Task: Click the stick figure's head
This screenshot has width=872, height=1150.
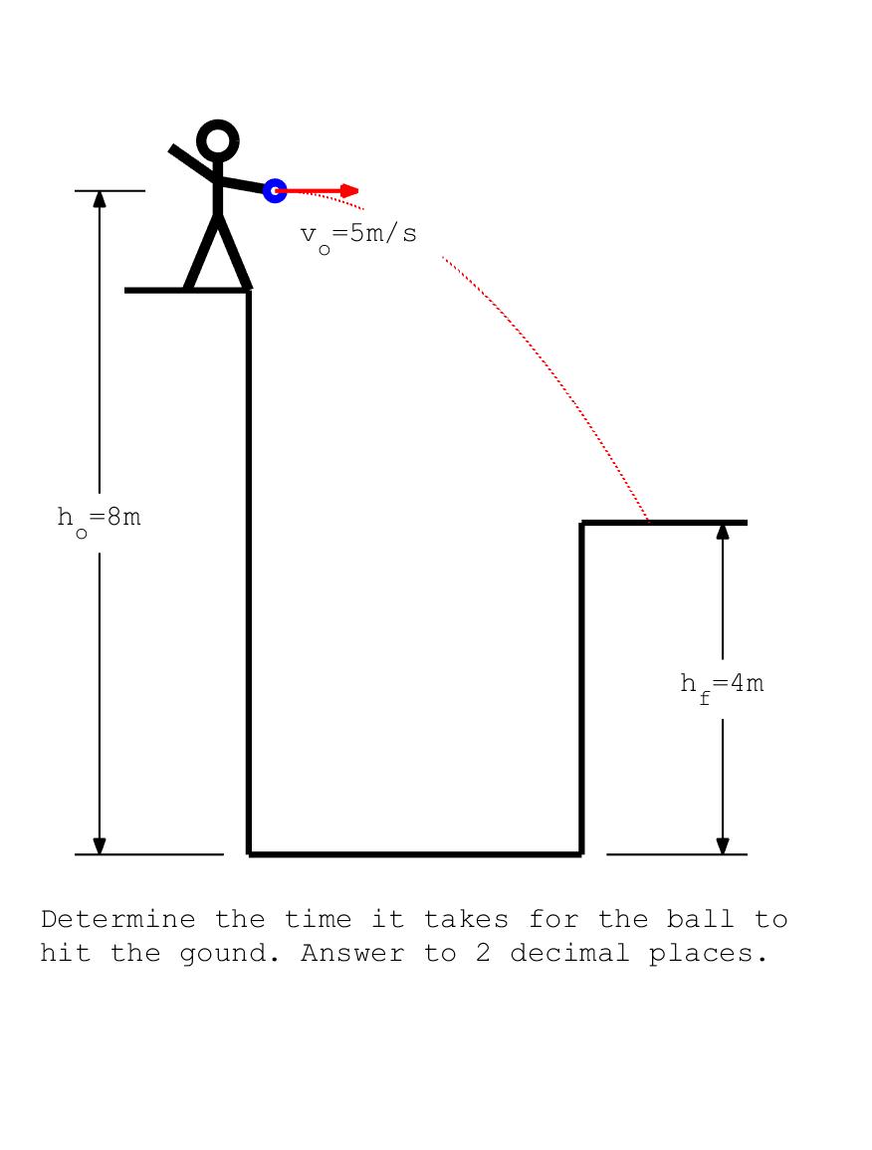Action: pos(218,139)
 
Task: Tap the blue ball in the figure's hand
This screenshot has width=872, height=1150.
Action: pos(275,191)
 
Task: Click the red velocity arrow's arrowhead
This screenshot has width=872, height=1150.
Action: pos(349,191)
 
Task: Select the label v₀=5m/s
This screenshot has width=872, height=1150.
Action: pos(358,237)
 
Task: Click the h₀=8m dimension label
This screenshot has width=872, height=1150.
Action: pos(99,521)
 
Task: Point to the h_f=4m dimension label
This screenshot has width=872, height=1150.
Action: pos(723,687)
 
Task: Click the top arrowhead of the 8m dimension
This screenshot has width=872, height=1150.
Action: pos(100,199)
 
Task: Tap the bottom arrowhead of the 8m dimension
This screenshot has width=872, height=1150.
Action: pos(100,845)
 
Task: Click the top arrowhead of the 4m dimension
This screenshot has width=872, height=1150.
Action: pos(723,531)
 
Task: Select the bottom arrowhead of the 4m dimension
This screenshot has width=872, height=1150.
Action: pos(723,845)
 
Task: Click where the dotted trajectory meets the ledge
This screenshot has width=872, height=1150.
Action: pos(648,522)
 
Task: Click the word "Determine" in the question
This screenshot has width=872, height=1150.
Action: pos(118,919)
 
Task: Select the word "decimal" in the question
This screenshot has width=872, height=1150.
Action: pos(569,953)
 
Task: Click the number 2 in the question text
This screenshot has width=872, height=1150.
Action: pos(483,954)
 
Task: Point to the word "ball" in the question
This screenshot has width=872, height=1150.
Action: pos(701,919)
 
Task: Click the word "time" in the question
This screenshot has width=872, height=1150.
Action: pos(318,919)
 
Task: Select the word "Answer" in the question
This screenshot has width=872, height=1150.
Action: pos(352,954)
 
